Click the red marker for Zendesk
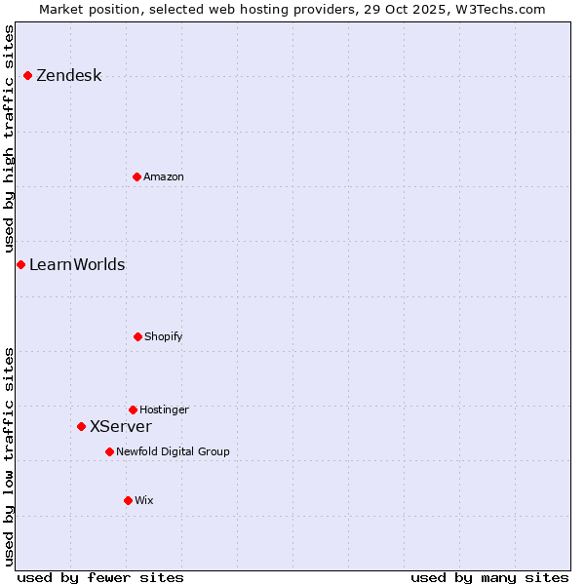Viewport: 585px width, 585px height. (27, 76)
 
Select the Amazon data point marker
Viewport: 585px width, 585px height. (136, 176)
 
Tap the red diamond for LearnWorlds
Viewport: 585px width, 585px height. (20, 264)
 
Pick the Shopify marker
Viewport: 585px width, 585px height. (137, 336)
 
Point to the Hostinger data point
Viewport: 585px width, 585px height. (133, 409)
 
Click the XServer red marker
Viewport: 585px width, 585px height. (81, 426)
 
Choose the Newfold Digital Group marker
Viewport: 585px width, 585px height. (109, 451)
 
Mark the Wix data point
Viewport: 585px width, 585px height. (128, 500)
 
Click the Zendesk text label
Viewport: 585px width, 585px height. (68, 76)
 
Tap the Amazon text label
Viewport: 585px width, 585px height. (163, 176)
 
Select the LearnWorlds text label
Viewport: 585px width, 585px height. (77, 264)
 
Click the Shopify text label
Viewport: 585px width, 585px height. (163, 336)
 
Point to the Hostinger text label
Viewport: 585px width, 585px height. (164, 409)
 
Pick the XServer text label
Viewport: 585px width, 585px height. (120, 426)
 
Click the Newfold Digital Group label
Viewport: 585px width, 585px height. (173, 451)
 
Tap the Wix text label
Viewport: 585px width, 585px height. (143, 500)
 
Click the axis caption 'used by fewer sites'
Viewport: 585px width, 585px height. (100, 577)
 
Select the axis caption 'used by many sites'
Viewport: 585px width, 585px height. (489, 577)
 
